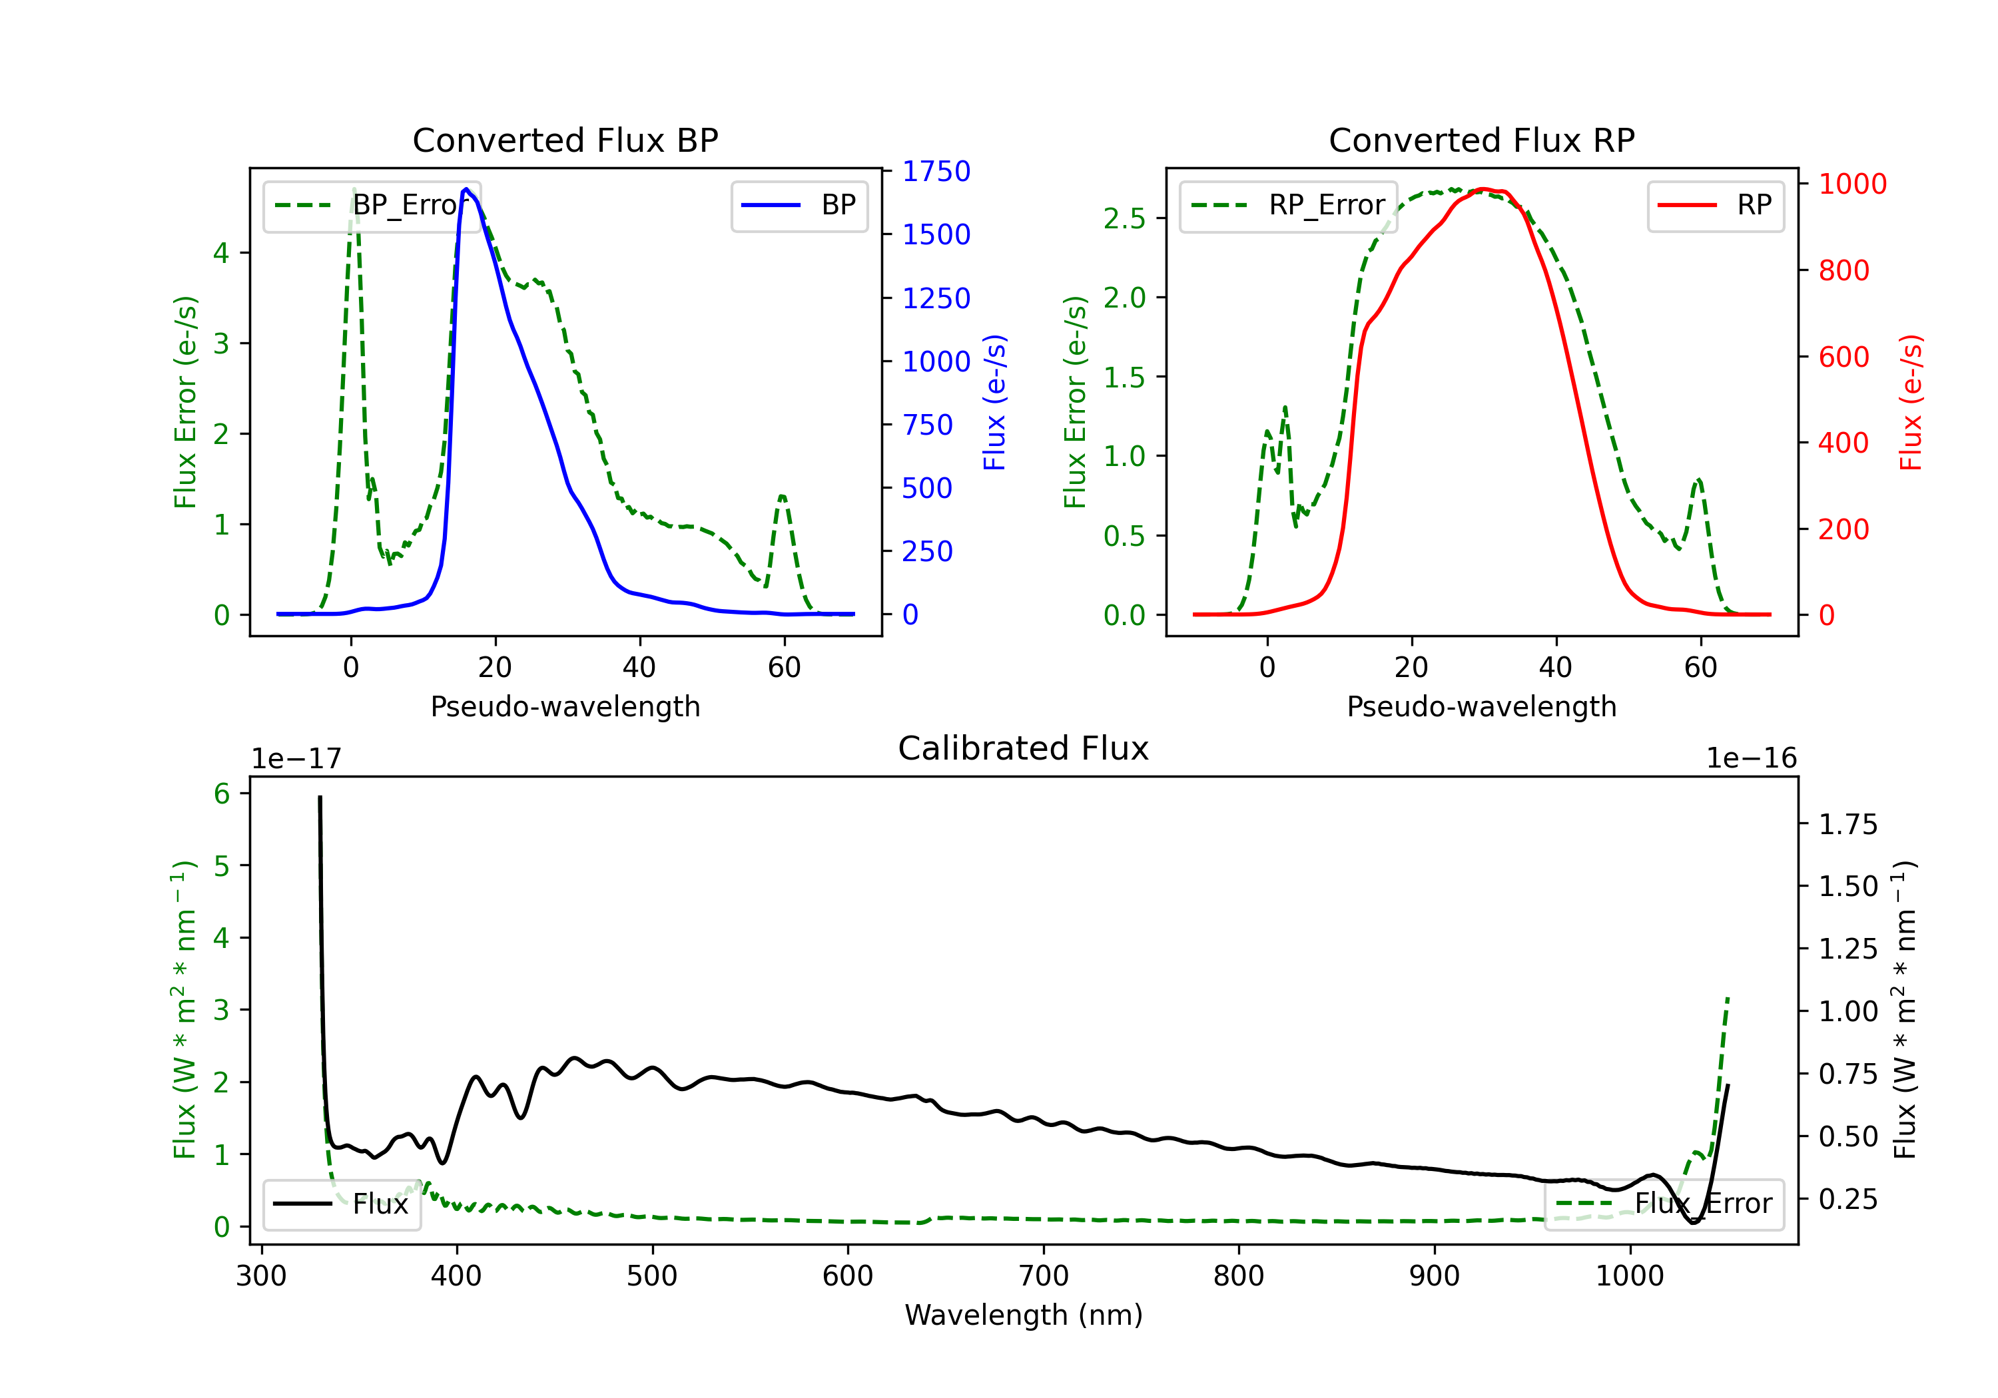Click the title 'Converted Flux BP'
(565, 140)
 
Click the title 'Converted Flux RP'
(1481, 140)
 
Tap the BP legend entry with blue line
(799, 205)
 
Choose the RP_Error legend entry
(1288, 205)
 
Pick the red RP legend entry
(1715, 205)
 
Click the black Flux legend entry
(342, 1204)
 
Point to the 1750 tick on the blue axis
(936, 171)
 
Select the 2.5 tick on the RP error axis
(1124, 218)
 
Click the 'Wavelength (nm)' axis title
(1024, 1315)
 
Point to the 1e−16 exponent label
(1751, 759)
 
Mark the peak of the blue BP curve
(466, 189)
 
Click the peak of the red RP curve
(1485, 189)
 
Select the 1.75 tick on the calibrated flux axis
(1847, 824)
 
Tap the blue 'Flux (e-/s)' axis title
(994, 402)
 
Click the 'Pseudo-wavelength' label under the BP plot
(565, 706)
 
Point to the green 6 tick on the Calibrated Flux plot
(222, 794)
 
